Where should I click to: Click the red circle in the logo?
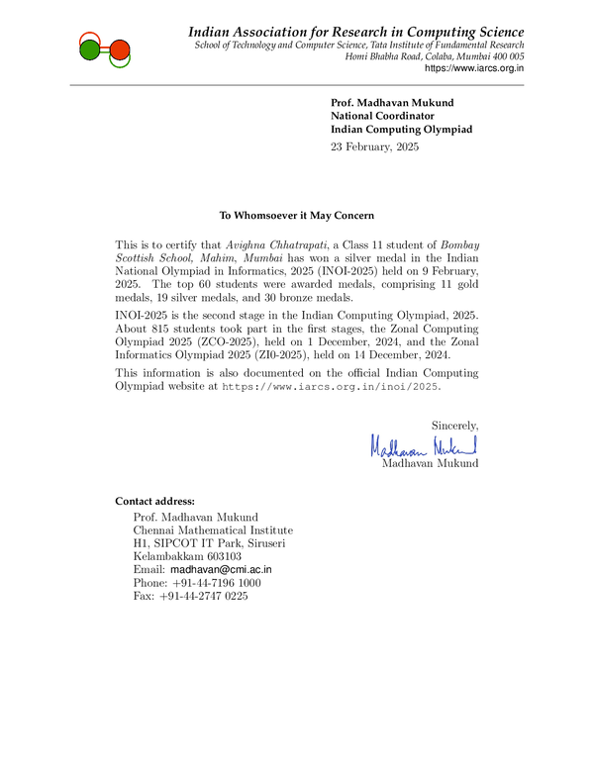point(119,49)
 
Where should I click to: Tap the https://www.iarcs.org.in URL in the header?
point(474,68)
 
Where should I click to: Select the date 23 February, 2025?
point(375,147)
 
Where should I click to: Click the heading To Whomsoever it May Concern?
point(297,215)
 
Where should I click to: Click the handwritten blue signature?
point(424,446)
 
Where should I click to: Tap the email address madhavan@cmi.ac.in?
point(221,570)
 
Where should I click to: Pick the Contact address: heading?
point(155,500)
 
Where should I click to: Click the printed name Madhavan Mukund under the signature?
point(430,463)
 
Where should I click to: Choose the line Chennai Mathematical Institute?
point(213,530)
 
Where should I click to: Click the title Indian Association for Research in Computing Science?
point(356,33)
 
